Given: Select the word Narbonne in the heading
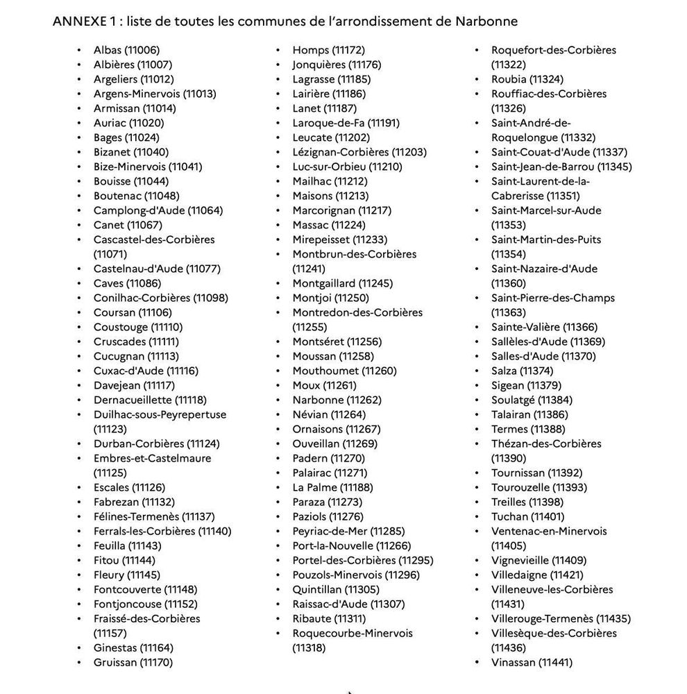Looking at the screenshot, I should pos(486,21).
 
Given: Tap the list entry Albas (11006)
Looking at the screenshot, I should pos(126,50).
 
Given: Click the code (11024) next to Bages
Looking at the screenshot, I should pos(143,137).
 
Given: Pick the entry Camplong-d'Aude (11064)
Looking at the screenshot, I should pos(158,210).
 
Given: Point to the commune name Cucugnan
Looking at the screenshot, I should pos(119,356).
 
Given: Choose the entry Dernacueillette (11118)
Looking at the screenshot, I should pos(150,400).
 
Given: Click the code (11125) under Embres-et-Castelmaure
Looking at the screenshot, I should pos(110,473).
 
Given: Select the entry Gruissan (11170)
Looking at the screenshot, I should pos(133,662).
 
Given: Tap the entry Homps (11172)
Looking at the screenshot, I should pos(328,50).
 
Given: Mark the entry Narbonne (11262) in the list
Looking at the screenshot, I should pos(337,400).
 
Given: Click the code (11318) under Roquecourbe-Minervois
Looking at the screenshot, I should pos(309,648).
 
